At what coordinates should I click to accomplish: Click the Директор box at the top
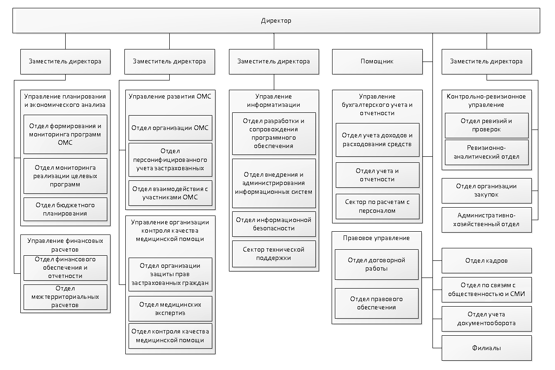(276, 20)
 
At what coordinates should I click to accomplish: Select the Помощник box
(377, 62)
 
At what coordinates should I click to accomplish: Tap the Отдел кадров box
(487, 261)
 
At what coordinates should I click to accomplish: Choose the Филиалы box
(487, 348)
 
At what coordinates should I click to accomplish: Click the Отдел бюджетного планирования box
(65, 210)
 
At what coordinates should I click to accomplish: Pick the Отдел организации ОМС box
(170, 128)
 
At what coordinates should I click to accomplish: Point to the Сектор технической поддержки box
(274, 254)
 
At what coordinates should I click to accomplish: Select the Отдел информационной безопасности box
(274, 224)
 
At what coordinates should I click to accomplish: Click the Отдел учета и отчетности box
(377, 175)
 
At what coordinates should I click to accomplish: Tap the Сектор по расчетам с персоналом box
(377, 206)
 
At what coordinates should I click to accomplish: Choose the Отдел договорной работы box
(376, 265)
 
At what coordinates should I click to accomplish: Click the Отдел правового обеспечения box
(376, 303)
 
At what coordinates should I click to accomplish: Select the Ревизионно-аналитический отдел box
(487, 153)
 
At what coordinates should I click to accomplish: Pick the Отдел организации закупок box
(487, 191)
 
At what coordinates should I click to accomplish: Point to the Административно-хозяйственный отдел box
(487, 220)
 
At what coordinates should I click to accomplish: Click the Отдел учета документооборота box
(487, 319)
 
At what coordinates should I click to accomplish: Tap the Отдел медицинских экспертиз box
(170, 309)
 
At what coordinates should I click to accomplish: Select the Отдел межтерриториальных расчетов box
(65, 297)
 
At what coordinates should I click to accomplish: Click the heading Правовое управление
(376, 238)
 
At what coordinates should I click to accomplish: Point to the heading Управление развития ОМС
(170, 97)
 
